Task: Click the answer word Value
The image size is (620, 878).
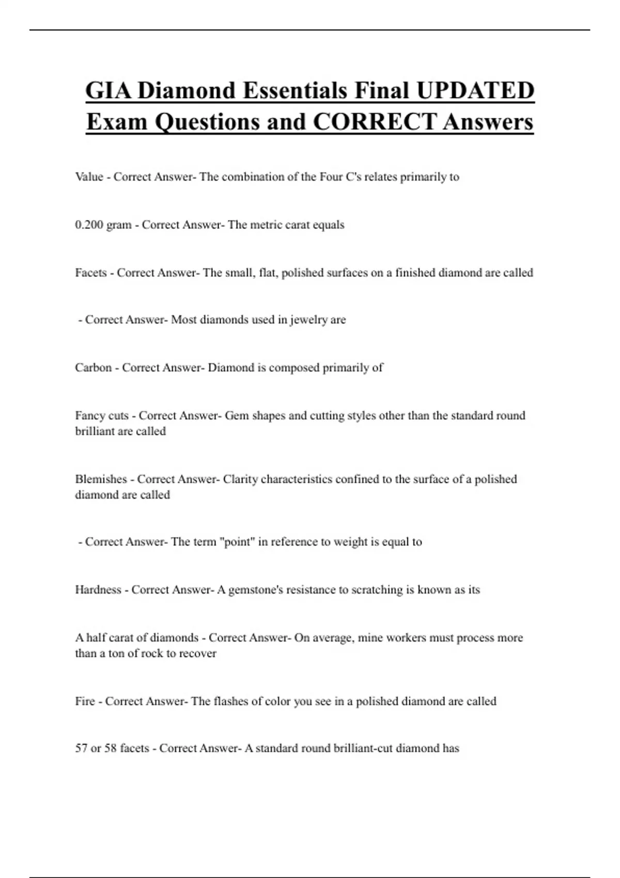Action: (89, 177)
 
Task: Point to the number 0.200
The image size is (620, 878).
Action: (89, 225)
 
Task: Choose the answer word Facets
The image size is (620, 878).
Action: (91, 273)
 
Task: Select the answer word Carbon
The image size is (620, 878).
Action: (94, 368)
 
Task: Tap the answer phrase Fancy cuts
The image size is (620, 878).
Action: (102, 416)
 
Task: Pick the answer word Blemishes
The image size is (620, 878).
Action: (101, 479)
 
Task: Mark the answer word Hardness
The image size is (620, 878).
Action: (98, 590)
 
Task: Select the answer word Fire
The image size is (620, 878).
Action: (85, 701)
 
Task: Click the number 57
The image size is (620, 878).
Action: (82, 748)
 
